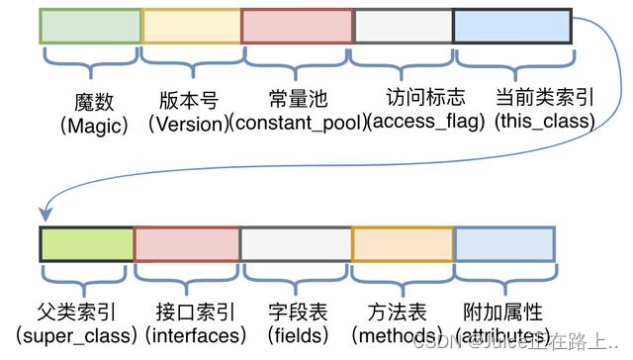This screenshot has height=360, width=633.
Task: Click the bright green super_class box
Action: click(x=86, y=243)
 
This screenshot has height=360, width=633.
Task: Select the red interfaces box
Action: click(x=186, y=243)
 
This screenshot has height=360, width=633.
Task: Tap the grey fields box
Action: click(x=295, y=243)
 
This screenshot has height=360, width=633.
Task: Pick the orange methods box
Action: click(x=402, y=243)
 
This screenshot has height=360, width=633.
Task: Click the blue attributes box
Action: click(x=504, y=243)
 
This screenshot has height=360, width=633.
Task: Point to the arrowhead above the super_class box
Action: click(x=45, y=214)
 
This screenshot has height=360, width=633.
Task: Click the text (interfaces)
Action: click(x=195, y=336)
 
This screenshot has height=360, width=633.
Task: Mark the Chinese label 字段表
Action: click(x=296, y=313)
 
